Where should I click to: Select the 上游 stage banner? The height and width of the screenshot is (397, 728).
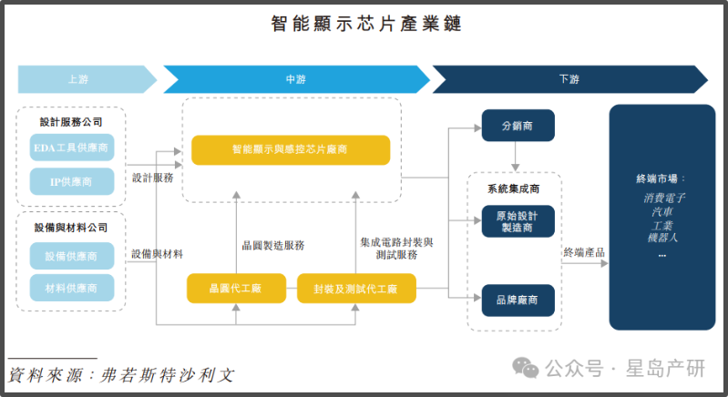[78, 79]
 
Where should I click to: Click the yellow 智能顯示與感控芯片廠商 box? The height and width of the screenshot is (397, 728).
[291, 148]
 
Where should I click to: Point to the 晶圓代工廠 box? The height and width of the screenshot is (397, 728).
[236, 289]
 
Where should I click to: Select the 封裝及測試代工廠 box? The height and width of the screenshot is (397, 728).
[356, 289]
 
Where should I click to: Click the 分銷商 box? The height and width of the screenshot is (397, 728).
[518, 125]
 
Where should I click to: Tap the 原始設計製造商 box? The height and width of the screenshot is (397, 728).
[518, 221]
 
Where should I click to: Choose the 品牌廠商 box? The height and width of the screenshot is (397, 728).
[518, 300]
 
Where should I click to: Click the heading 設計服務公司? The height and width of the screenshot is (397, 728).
[71, 121]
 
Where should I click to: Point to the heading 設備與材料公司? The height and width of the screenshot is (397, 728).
[71, 227]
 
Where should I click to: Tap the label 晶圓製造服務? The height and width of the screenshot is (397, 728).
[272, 245]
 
